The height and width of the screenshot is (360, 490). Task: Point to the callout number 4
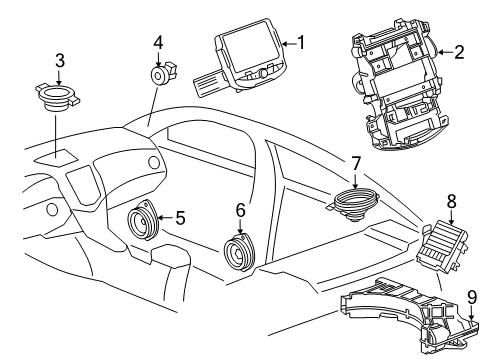[158, 42]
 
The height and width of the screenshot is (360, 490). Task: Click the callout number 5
[180, 215]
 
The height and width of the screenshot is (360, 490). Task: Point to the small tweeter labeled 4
[161, 76]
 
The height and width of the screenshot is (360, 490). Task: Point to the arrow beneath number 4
[158, 58]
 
